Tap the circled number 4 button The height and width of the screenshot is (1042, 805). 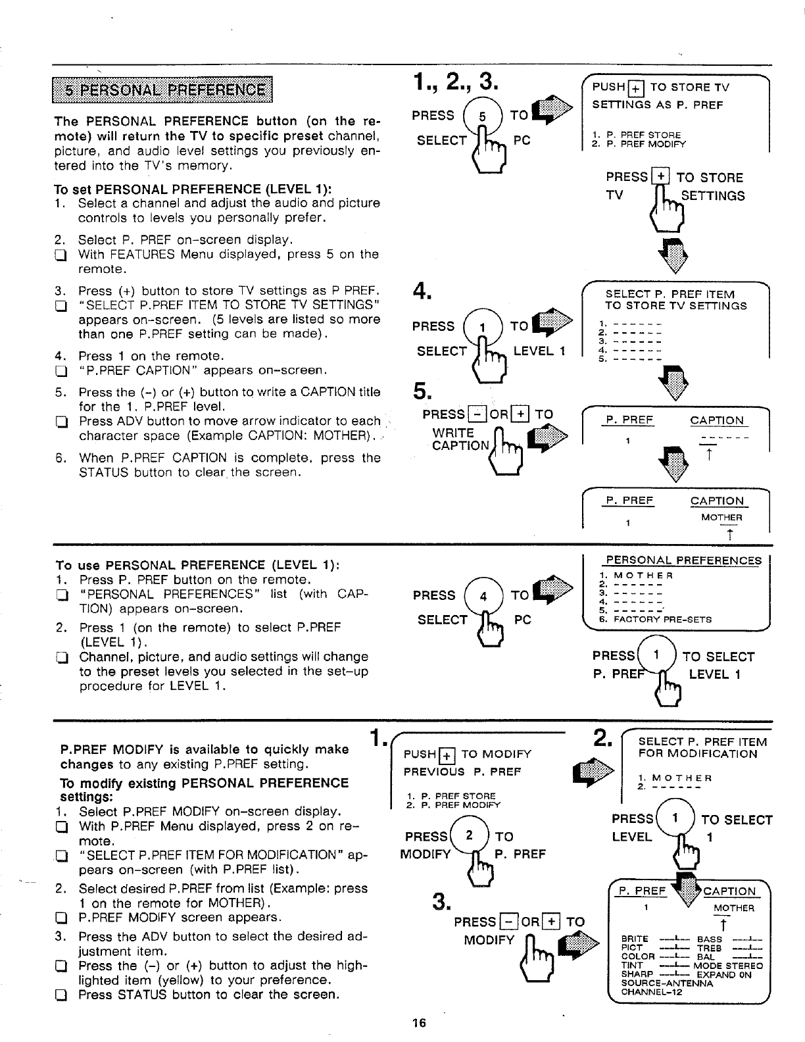483,597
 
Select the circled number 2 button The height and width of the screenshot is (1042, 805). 470,835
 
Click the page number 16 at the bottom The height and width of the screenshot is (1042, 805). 418,1023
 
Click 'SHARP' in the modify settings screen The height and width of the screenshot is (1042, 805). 637,974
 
